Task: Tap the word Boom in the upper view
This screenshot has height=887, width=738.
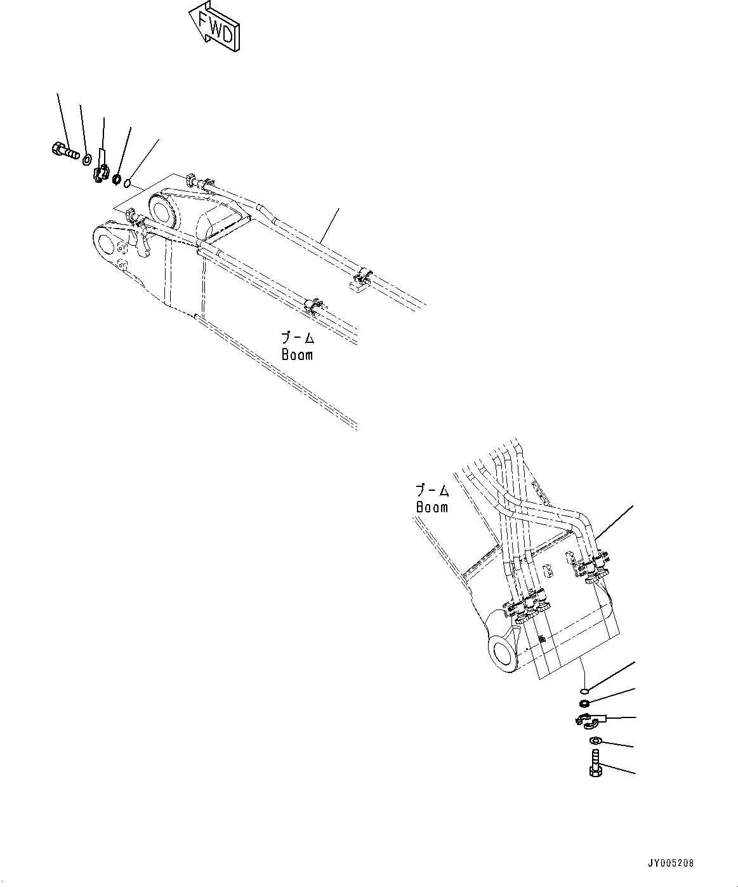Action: point(297,354)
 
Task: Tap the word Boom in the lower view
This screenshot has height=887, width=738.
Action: point(432,507)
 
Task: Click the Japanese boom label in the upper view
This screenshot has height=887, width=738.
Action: point(298,338)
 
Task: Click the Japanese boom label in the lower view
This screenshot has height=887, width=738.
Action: point(432,491)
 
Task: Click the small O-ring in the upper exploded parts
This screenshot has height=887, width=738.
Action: point(128,184)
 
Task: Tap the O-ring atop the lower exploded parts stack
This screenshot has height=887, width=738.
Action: point(584,690)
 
